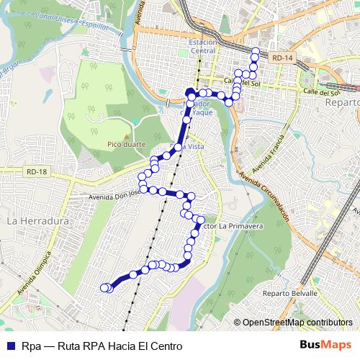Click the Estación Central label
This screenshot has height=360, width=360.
pyautogui.click(x=202, y=46)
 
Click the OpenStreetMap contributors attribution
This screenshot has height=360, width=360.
pyautogui.click(x=297, y=323)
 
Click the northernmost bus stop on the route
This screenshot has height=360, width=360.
pyautogui.click(x=254, y=50)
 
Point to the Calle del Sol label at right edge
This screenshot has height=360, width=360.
pyautogui.click(x=322, y=92)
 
